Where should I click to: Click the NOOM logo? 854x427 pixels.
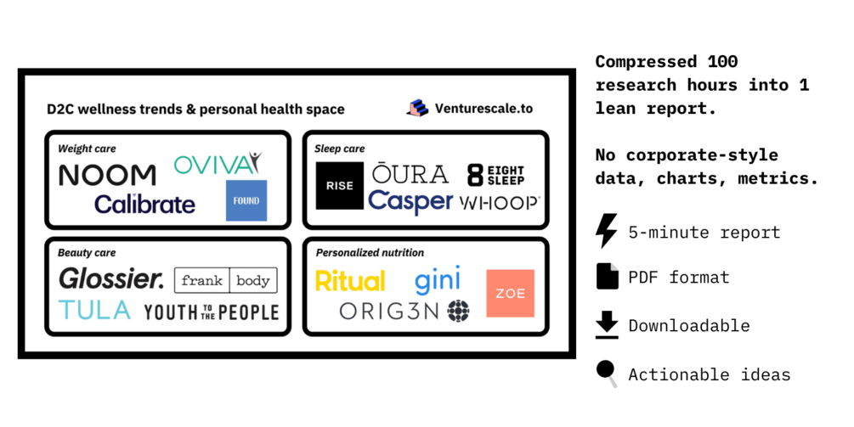[107, 175]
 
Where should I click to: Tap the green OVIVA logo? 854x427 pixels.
[218, 164]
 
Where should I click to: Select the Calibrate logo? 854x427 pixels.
[144, 204]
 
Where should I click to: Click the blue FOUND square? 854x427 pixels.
[246, 200]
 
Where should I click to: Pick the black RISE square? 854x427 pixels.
[340, 186]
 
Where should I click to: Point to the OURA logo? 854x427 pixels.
[410, 173]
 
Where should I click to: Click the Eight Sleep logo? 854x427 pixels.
[496, 175]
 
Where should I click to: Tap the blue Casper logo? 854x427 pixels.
[410, 202]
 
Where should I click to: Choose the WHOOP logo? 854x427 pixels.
[500, 203]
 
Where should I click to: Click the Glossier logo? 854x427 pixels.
[111, 278]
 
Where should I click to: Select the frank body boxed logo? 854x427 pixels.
[225, 280]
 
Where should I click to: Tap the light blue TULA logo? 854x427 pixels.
[95, 310]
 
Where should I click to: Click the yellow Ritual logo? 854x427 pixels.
[350, 281]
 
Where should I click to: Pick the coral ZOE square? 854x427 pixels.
[511, 293]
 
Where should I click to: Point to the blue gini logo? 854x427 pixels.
[438, 279]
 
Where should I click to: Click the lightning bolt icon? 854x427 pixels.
[606, 231]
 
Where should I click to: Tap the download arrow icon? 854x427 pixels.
[607, 325]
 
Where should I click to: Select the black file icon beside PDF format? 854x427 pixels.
[608, 277]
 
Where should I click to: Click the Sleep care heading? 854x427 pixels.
[339, 149]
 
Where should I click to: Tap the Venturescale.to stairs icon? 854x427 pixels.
[417, 108]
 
